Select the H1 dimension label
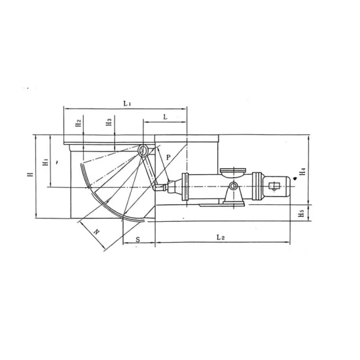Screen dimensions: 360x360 (x=45, y=164)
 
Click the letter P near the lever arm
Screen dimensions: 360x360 (x=168, y=157)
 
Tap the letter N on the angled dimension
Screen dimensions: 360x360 (x=96, y=232)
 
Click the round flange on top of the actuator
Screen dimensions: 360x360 (x=230, y=173)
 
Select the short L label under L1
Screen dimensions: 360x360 (x=165, y=115)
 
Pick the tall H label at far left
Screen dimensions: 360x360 (x=28, y=175)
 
